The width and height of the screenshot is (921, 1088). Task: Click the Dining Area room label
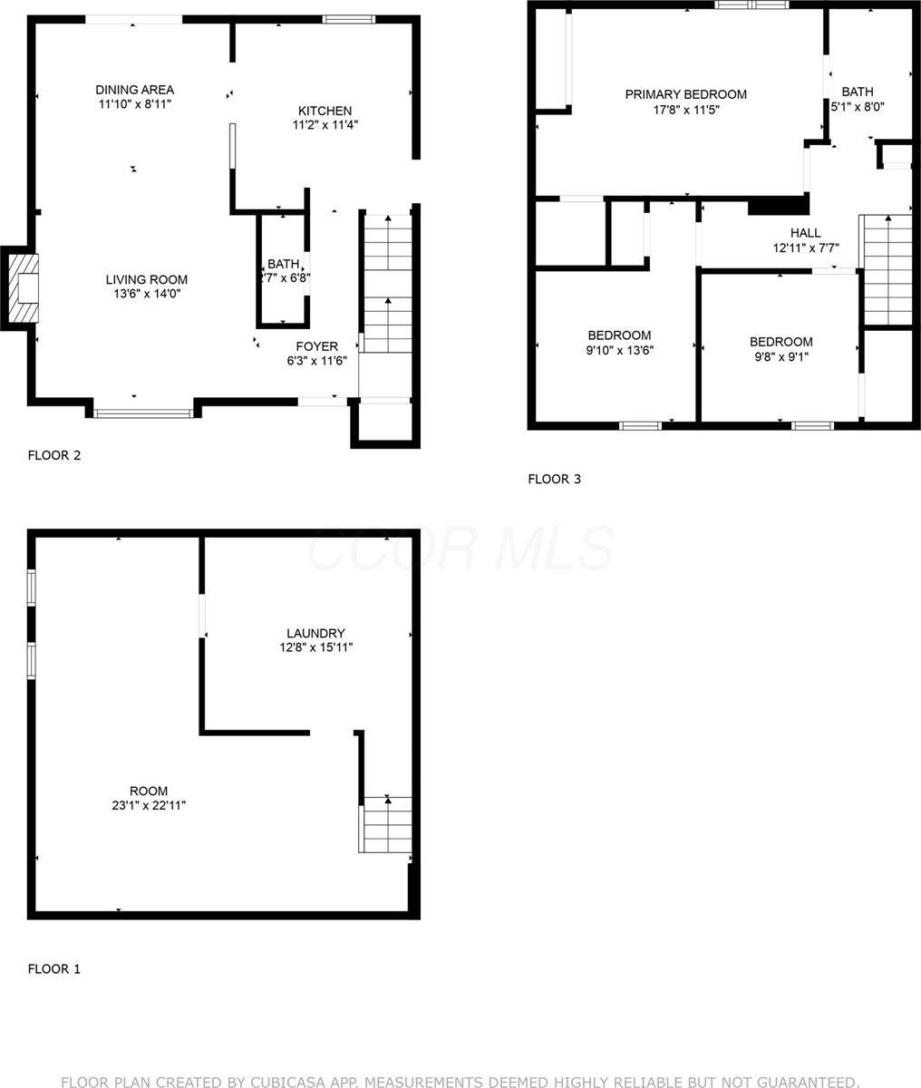pyautogui.click(x=134, y=90)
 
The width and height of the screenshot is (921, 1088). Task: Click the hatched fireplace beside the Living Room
pyautogui.click(x=24, y=287)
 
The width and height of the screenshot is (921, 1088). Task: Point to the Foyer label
pyautogui.click(x=316, y=346)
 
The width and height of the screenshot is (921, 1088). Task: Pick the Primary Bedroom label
pyautogui.click(x=685, y=94)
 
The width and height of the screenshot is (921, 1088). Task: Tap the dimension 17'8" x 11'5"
pyautogui.click(x=685, y=110)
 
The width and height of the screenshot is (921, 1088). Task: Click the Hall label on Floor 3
pyautogui.click(x=805, y=233)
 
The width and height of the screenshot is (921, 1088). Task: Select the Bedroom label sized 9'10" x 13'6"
pyautogui.click(x=618, y=335)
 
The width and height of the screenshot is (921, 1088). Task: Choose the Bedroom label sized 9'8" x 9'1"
pyautogui.click(x=780, y=342)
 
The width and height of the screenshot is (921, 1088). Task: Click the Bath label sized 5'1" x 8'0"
pyautogui.click(x=857, y=92)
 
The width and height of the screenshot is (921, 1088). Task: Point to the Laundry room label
pyautogui.click(x=315, y=633)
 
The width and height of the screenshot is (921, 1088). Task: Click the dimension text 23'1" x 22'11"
pyautogui.click(x=148, y=805)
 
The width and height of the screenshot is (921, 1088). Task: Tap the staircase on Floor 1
pyautogui.click(x=387, y=824)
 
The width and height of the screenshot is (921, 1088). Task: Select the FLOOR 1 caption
pyautogui.click(x=54, y=968)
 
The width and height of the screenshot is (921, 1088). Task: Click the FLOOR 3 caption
pyautogui.click(x=554, y=479)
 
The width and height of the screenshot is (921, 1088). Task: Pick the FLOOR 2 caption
pyautogui.click(x=54, y=455)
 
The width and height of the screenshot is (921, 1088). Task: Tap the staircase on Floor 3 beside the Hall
pyautogui.click(x=887, y=269)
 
